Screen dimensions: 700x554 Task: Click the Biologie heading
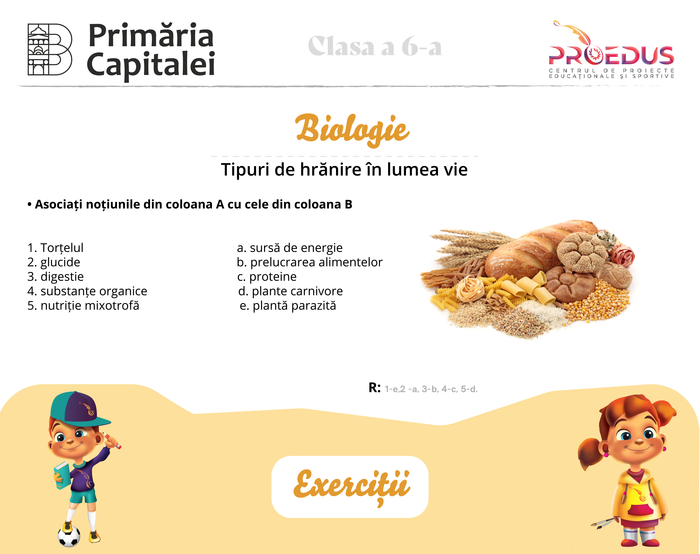(x=352, y=130)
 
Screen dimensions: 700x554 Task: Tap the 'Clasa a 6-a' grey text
(x=375, y=46)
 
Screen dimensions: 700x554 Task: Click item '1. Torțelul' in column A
(x=55, y=248)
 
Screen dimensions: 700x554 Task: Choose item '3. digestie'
(x=55, y=277)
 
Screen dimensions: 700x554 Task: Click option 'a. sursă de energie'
(x=290, y=248)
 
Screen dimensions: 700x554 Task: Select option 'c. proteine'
(x=267, y=277)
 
